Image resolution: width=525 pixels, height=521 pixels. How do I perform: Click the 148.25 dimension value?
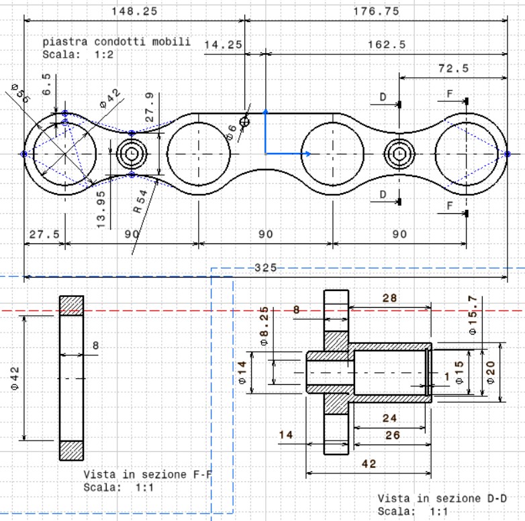134,11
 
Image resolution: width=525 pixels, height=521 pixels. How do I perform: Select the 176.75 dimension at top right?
377,11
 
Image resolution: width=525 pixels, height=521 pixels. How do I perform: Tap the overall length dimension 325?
266,268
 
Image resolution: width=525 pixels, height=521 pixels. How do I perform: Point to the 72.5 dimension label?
454,68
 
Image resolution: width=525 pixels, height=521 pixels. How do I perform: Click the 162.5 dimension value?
387,44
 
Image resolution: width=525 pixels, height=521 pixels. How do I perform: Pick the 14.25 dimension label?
223,44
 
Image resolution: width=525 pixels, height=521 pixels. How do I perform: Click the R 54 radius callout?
140,201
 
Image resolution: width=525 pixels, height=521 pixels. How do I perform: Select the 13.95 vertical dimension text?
101,210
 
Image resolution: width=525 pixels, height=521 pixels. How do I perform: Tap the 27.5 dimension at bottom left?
44,234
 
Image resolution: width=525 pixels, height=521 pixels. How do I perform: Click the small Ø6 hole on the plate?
244,122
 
